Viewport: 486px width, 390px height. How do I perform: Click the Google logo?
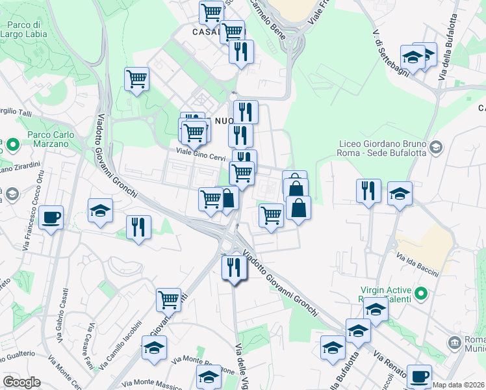pyautogui.click(x=21, y=382)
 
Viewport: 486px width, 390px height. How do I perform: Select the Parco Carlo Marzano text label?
pyautogui.click(x=49, y=140)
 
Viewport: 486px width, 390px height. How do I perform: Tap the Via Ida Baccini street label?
pyautogui.click(x=419, y=266)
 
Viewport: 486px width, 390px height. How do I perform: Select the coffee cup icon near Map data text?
pyautogui.click(x=419, y=375)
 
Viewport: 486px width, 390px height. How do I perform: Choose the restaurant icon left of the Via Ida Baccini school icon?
pyautogui.click(x=368, y=190)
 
